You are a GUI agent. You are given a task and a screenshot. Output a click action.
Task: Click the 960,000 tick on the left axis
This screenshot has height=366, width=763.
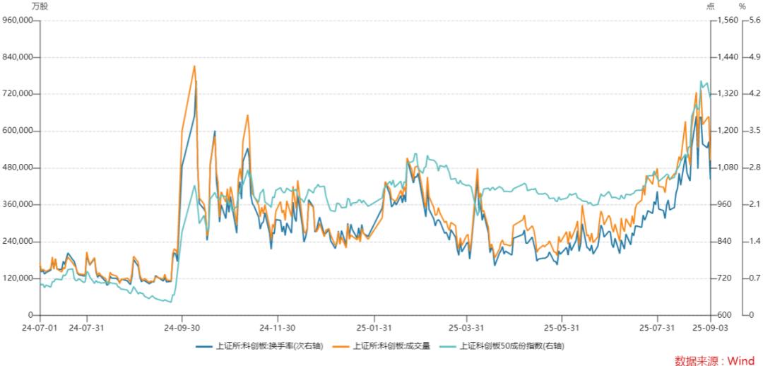click(20, 20)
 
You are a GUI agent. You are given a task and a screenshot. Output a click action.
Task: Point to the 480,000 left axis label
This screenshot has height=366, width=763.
click(20, 167)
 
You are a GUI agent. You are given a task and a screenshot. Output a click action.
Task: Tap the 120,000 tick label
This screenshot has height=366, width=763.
click(20, 278)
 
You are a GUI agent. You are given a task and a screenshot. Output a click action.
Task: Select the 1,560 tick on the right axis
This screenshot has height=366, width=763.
click(727, 20)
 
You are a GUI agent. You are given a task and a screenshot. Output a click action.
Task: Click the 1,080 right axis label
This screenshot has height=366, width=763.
click(727, 167)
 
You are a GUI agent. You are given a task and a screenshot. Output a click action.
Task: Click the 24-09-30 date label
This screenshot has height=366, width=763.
click(182, 328)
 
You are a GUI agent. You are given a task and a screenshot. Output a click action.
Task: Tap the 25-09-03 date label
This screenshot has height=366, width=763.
click(709, 328)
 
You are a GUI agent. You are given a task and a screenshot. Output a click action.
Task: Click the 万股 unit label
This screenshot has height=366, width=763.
click(40, 6)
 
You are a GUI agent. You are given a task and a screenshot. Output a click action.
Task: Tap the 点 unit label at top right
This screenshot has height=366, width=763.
click(710, 6)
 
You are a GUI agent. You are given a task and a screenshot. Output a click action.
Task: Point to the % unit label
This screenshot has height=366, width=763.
click(742, 6)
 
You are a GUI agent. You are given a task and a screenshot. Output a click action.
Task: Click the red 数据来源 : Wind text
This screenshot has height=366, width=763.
click(714, 360)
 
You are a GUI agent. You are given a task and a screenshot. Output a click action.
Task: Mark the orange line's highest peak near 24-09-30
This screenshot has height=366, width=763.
click(194, 66)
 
